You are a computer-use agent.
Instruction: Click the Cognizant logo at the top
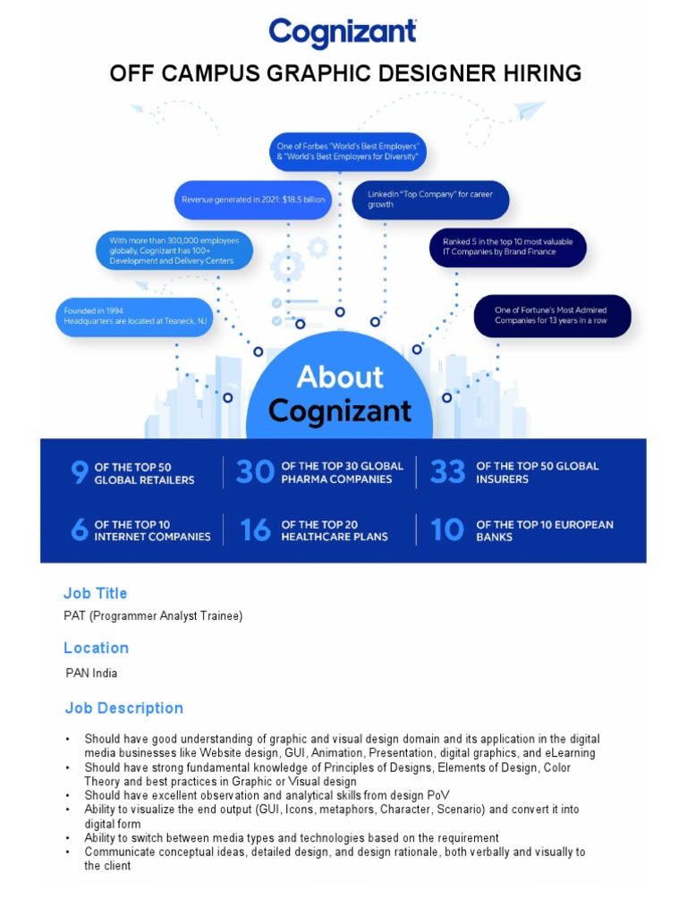pyautogui.click(x=343, y=33)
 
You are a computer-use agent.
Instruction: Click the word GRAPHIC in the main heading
pyautogui.click(x=330, y=73)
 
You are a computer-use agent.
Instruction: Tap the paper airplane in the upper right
pyautogui.click(x=530, y=112)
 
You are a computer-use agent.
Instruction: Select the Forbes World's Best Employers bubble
pyautogui.click(x=348, y=151)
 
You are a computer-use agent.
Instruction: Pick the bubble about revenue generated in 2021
pyautogui.click(x=252, y=199)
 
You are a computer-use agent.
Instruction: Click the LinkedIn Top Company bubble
pyautogui.click(x=430, y=199)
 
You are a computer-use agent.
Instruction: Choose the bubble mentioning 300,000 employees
pyautogui.click(x=174, y=250)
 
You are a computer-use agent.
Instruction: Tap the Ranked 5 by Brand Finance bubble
pyautogui.click(x=507, y=247)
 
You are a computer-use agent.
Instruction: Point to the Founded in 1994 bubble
pyautogui.click(x=134, y=317)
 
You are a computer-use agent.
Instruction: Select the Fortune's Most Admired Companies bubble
pyautogui.click(x=552, y=316)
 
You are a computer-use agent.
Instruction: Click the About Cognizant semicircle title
pyautogui.click(x=340, y=394)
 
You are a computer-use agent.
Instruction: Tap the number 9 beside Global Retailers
pyautogui.click(x=79, y=473)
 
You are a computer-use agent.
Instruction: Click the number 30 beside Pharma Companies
pyautogui.click(x=255, y=472)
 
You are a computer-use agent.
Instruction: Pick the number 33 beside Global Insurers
pyautogui.click(x=448, y=472)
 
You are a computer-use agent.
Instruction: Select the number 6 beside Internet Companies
pyautogui.click(x=80, y=530)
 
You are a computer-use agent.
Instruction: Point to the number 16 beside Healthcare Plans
pyautogui.click(x=255, y=530)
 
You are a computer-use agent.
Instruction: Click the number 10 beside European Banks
pyautogui.click(x=447, y=530)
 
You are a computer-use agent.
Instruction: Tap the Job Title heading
pyautogui.click(x=95, y=593)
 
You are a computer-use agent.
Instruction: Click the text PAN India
pyautogui.click(x=91, y=673)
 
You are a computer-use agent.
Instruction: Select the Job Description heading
pyautogui.click(x=123, y=708)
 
